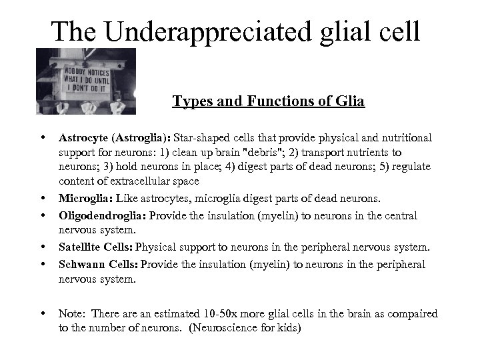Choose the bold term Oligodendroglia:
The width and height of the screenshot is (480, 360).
[103, 216]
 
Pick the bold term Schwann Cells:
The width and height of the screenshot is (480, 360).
[98, 264]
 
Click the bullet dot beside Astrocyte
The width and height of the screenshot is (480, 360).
[43, 137]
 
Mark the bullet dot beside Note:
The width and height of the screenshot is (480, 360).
[43, 313]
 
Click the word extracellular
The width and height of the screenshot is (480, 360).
[133, 181]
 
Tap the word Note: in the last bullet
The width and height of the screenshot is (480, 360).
[71, 313]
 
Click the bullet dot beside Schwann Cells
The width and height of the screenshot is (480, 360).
[43, 263]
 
